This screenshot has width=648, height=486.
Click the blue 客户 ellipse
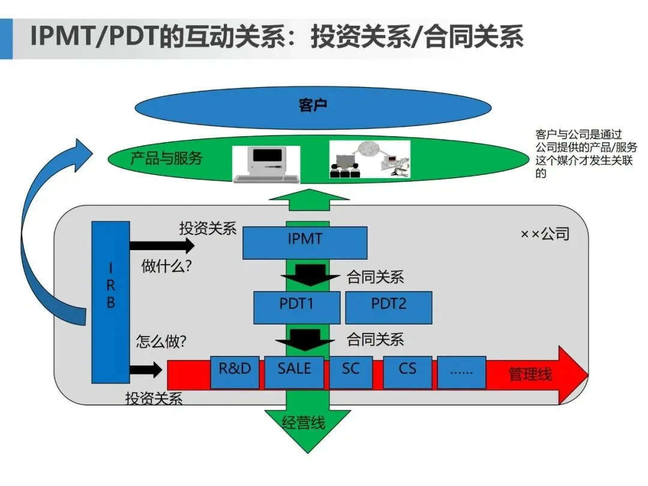[312, 107]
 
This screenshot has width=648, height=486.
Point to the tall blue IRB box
[110, 302]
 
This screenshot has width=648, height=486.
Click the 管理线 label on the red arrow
[530, 375]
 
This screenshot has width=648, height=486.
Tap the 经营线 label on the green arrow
[304, 423]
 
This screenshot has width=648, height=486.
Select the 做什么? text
[167, 266]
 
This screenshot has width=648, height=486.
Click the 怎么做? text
[161, 341]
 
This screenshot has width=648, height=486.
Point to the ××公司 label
[544, 234]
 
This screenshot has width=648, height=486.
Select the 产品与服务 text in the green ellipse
[166, 158]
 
